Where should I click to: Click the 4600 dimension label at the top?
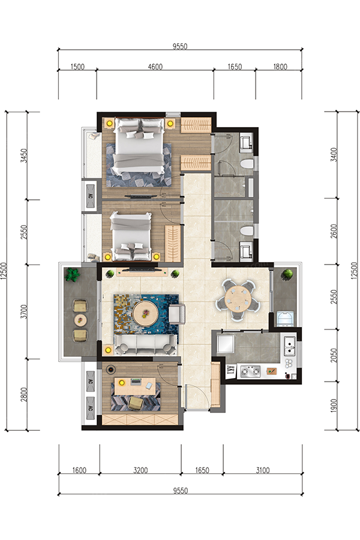(x=155, y=67)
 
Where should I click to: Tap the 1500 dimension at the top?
(x=77, y=67)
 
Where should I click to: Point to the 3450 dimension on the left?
(x=23, y=156)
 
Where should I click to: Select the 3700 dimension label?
(x=23, y=311)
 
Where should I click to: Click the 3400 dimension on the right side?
(x=334, y=155)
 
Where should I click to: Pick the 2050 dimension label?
(x=334, y=355)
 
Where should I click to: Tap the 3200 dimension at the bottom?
(x=140, y=470)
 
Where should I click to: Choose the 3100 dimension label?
(x=263, y=470)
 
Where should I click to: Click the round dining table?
(x=238, y=298)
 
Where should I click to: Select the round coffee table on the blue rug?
(x=145, y=313)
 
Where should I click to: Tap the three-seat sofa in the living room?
(x=145, y=345)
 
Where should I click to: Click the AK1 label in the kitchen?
(x=230, y=370)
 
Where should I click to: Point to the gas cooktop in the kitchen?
(x=250, y=371)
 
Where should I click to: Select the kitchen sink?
(x=289, y=346)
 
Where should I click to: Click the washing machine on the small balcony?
(x=285, y=319)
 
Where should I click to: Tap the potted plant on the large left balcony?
(x=73, y=274)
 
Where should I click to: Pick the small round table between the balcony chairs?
(x=80, y=320)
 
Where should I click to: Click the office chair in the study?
(x=136, y=403)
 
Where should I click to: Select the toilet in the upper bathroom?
(x=247, y=164)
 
